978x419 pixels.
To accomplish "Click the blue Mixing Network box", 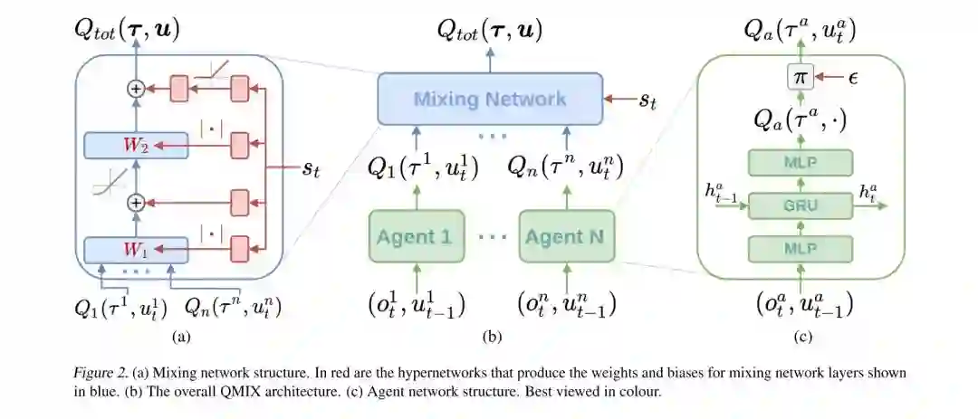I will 490,99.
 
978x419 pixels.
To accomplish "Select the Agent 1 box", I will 413,237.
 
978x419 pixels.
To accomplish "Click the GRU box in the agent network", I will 800,205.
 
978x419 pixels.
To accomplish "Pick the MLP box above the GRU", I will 800,163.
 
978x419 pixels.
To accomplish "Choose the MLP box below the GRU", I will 800,248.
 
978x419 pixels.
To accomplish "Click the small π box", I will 799,78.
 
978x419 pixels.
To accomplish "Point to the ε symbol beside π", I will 853,78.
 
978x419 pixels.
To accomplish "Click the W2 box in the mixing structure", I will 136,145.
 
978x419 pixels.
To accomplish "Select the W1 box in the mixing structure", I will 136,247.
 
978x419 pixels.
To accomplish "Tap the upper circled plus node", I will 136,89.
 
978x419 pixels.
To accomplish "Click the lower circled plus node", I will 136,202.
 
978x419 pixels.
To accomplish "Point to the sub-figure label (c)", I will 801,338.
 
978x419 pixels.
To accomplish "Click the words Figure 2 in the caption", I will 100,373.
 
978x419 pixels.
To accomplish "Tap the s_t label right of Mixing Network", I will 647,100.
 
